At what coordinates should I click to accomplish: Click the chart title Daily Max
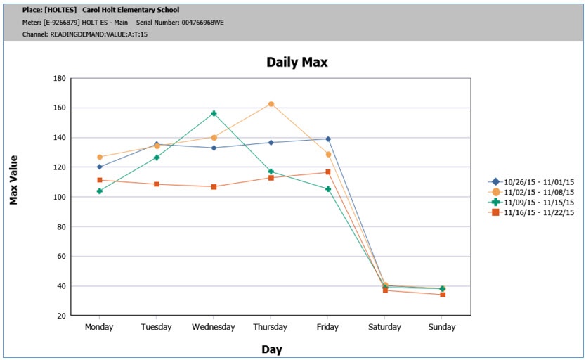297,62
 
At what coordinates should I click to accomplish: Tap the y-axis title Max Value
13,180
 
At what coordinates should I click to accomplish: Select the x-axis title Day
271,349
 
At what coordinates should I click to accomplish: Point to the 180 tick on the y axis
59,78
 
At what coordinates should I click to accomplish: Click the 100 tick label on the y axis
59,197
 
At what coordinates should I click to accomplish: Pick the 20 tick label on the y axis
61,316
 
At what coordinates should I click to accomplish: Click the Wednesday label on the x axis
213,327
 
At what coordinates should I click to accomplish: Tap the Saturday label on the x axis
385,327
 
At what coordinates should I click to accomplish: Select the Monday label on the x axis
99,327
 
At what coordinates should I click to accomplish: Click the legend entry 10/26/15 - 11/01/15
539,182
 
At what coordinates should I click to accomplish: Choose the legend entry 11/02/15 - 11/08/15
539,192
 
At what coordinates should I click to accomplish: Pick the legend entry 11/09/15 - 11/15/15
539,202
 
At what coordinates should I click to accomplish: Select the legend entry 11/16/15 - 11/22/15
539,212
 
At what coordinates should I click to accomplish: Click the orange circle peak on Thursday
271,104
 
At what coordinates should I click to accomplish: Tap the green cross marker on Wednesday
214,113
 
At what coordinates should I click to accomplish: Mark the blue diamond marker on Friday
328,139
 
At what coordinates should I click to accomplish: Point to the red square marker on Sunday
443,295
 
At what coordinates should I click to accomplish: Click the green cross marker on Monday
100,191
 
